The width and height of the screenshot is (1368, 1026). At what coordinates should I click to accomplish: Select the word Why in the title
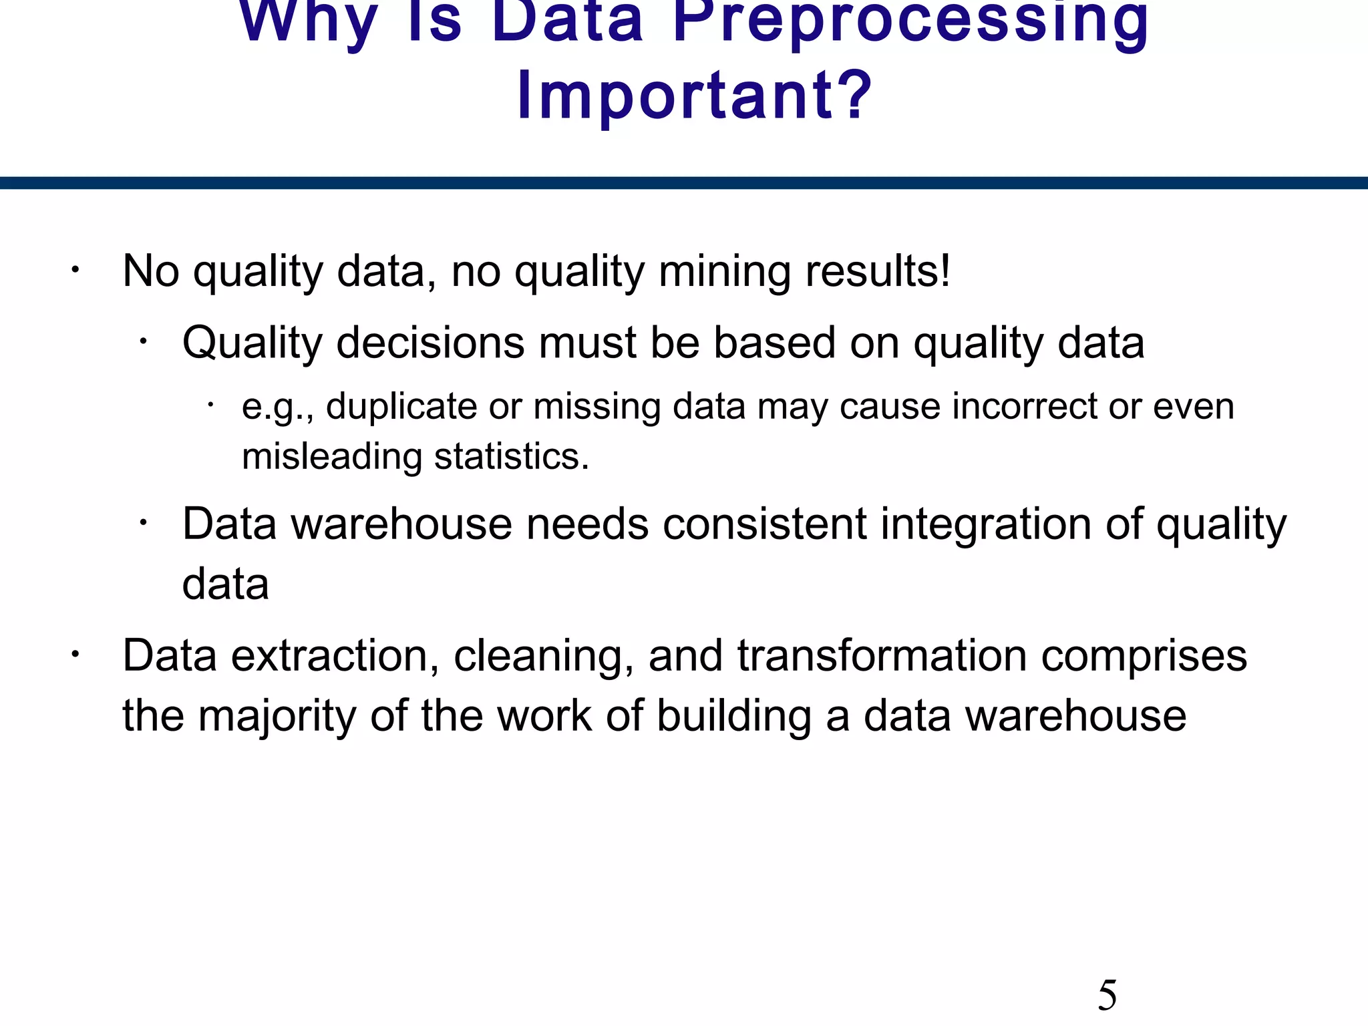coord(309,20)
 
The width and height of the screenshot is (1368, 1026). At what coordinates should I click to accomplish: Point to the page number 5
coord(1107,995)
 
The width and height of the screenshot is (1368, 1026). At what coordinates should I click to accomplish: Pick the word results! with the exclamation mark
coord(878,271)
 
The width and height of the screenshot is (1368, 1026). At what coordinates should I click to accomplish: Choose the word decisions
coord(431,343)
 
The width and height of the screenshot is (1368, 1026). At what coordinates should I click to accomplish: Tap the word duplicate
coord(401,406)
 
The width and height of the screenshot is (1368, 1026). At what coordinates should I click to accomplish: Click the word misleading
coord(331,457)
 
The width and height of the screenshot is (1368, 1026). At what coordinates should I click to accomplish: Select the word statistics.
coord(512,457)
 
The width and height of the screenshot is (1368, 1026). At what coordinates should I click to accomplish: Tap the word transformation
coord(882,655)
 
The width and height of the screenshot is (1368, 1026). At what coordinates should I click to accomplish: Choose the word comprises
coord(1144,655)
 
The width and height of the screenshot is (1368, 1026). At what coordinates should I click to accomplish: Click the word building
coord(733,716)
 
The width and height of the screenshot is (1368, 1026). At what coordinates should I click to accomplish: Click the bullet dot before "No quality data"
coord(75,271)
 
